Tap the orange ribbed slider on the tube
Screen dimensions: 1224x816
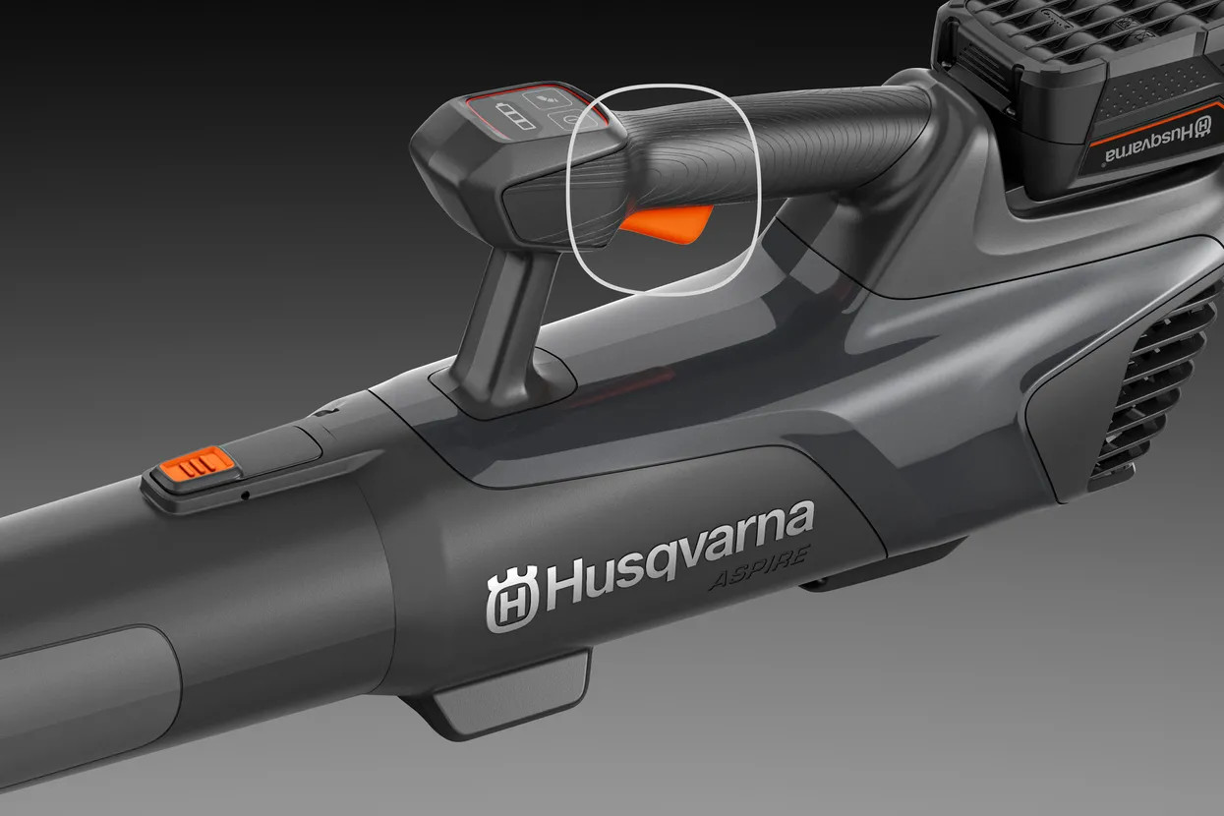coord(198,465)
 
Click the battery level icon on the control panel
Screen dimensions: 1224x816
coord(515,116)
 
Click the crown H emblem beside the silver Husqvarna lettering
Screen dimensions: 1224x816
coord(512,600)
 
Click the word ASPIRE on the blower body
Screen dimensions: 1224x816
coord(760,568)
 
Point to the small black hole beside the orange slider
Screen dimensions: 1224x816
coord(246,495)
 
